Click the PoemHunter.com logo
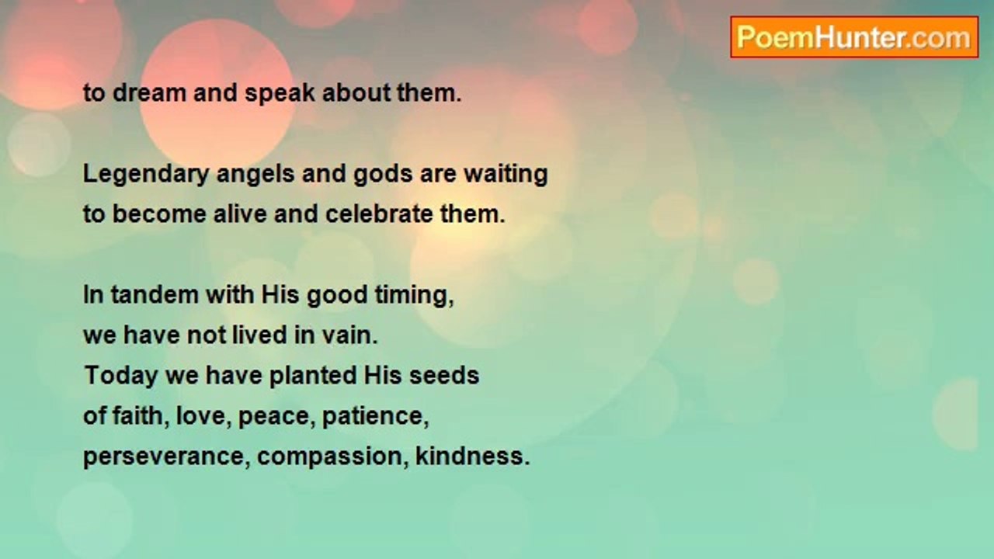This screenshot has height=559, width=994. point(853,37)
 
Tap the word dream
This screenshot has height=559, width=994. point(147,93)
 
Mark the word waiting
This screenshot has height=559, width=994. point(506,174)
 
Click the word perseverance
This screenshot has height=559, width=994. point(166,457)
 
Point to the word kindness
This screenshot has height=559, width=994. point(472,457)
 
